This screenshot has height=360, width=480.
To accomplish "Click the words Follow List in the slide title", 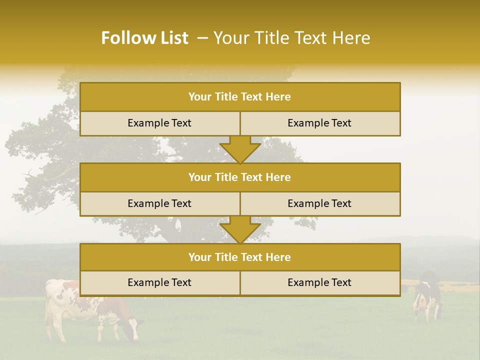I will tap(144, 38).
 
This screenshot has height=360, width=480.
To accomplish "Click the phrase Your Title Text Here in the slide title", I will tap(292, 38).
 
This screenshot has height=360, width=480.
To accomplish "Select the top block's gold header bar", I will tap(240, 97).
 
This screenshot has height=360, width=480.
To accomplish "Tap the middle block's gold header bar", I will tap(240, 177).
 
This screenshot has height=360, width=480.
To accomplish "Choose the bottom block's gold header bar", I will tap(240, 257).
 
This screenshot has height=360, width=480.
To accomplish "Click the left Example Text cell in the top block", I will tap(159, 123).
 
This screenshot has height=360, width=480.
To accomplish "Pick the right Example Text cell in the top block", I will tap(320, 123).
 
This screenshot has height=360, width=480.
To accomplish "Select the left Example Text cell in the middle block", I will tap(159, 204).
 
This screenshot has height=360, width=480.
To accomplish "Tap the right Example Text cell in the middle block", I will tap(320, 204).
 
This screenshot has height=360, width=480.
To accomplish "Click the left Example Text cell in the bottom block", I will tap(159, 283).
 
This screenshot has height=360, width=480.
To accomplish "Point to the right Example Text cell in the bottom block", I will tap(320, 283).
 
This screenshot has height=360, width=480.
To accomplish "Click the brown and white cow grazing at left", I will tap(75, 307).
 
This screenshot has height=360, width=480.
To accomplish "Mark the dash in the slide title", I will tap(202, 38).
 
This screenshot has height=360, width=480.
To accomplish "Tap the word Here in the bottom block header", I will tap(278, 257).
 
